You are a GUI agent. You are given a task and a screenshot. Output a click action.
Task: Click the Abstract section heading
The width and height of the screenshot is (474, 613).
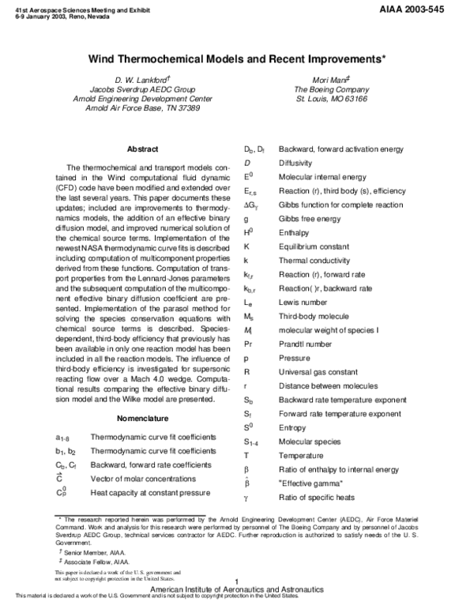point(142,149)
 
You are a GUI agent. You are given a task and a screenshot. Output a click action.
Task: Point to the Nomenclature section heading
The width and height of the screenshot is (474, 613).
point(142,417)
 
